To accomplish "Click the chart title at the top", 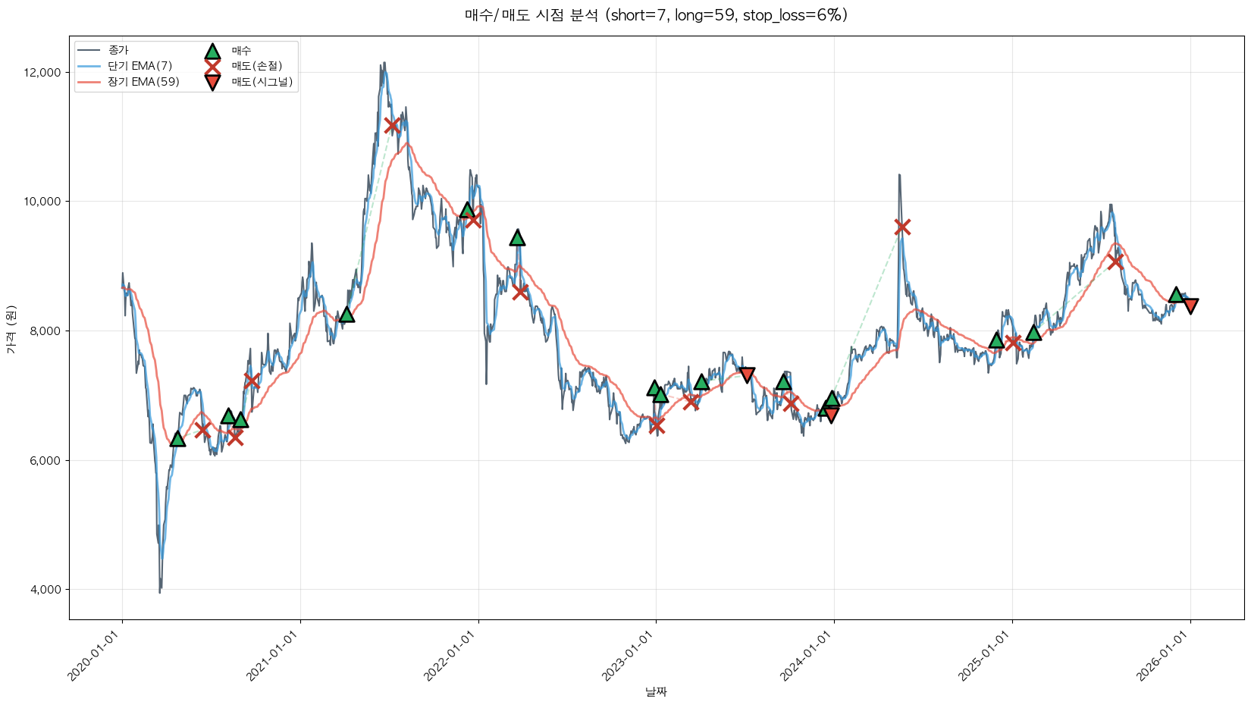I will tap(656, 15).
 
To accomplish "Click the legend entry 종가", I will tap(118, 51).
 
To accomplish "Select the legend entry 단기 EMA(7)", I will tap(140, 67).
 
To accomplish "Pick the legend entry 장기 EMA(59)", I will tap(143, 82).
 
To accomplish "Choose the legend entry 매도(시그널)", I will tap(262, 82).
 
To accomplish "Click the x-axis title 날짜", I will tap(656, 691).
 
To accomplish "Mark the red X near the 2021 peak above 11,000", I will tap(392, 125).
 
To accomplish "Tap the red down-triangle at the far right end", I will tap(1190, 305).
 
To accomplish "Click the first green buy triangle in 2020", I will tap(177, 439).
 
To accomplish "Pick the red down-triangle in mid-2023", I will tap(747, 374).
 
